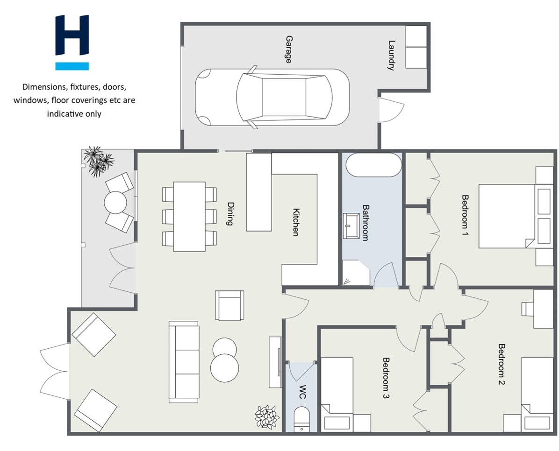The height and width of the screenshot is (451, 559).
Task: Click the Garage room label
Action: pos(288,49)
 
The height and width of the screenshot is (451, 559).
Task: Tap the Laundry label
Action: pos(392,55)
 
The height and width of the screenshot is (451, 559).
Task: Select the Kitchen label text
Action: pos(296,222)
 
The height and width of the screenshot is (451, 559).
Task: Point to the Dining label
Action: pos(231,214)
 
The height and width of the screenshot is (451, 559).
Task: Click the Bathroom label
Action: pos(365,223)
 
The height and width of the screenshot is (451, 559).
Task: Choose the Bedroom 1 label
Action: pos(465,215)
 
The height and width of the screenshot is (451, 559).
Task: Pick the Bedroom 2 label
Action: pos(502,364)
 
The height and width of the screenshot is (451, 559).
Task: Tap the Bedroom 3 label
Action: pos(386,378)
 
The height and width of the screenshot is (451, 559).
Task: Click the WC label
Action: pos(302,392)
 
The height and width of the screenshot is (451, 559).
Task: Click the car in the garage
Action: pos(272,97)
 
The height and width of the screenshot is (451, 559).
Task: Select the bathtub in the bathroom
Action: pos(374,165)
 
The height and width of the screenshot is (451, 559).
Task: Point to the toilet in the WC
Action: pos(301,420)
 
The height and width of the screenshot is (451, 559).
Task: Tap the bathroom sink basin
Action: pos(351,225)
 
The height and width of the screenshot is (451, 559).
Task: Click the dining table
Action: pos(189,217)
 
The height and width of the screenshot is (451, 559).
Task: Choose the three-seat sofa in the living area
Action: pos(184,361)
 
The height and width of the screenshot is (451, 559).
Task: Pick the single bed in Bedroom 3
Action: pos(337,395)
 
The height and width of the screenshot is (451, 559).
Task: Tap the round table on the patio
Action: pos(115,203)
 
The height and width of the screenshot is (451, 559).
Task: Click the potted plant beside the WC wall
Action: pos(267,417)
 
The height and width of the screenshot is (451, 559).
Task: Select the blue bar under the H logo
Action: pos(72,66)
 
